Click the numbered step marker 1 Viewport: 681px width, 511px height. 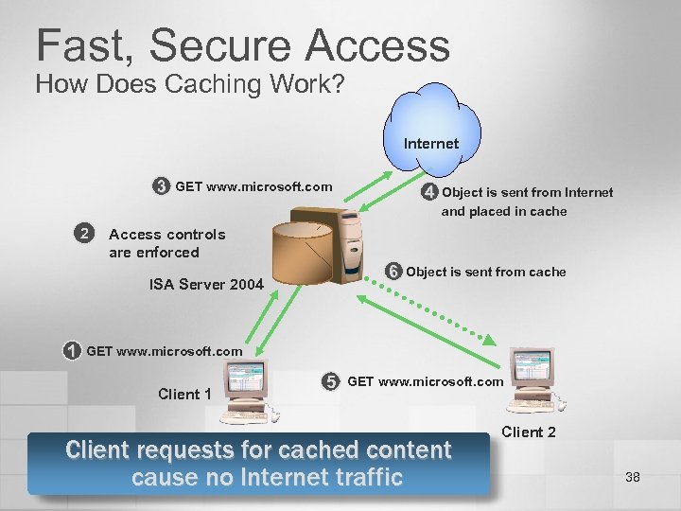(72, 351)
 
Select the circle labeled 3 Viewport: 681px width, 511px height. (162, 185)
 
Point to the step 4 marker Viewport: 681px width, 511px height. (429, 193)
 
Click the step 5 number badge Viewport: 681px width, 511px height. (330, 382)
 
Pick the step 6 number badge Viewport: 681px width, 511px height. (393, 272)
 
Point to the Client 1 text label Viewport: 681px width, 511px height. (184, 394)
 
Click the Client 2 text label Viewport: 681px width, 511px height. (528, 432)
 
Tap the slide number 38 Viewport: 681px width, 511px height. (633, 477)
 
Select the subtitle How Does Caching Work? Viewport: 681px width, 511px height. (189, 83)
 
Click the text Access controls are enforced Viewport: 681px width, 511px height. (167, 243)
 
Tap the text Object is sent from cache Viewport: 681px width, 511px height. (486, 272)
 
